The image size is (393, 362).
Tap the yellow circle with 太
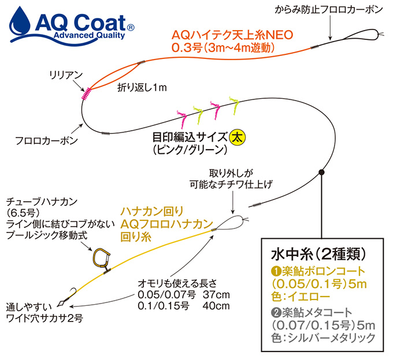click(238, 138)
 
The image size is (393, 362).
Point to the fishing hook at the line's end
click(72, 293)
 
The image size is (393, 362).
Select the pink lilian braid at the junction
click(87, 94)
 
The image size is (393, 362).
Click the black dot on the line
click(321, 172)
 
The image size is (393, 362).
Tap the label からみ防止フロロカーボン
click(329, 9)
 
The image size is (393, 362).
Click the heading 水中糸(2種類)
click(318, 254)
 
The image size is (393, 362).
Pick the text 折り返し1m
click(142, 87)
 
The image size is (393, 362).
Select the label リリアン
click(66, 75)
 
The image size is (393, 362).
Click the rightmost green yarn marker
click(234, 105)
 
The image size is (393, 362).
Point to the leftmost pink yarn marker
click(181, 118)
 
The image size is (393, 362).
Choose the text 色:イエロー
click(301, 297)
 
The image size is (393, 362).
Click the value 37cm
click(216, 294)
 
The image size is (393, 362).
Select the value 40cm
click(216, 305)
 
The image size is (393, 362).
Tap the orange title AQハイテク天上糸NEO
click(232, 35)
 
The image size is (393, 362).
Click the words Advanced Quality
click(89, 35)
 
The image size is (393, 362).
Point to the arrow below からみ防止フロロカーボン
click(330, 28)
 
